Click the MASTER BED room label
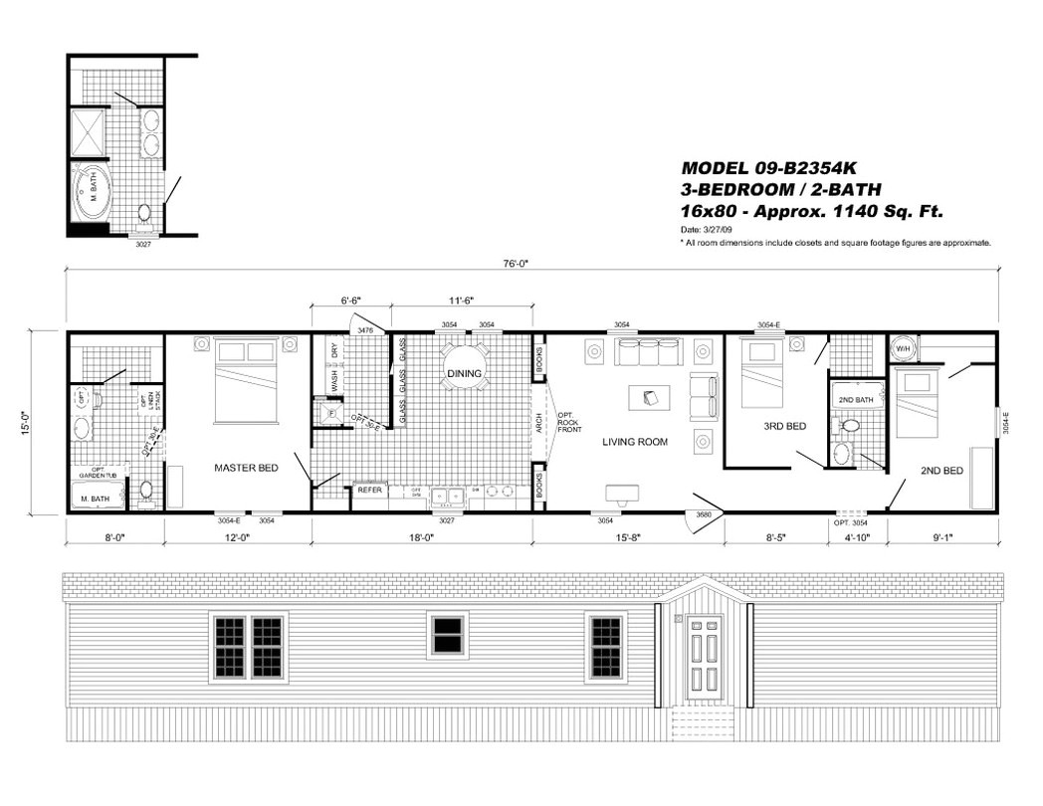point(246,467)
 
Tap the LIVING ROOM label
point(634,441)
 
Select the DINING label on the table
point(464,374)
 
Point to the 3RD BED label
point(784,426)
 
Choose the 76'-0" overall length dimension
point(528,264)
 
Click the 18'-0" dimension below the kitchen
point(422,538)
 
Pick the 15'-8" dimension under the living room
point(628,538)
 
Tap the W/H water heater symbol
point(903,349)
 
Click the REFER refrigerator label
point(369,491)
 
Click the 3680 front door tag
point(702,514)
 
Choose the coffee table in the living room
point(649,397)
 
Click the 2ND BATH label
point(855,400)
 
